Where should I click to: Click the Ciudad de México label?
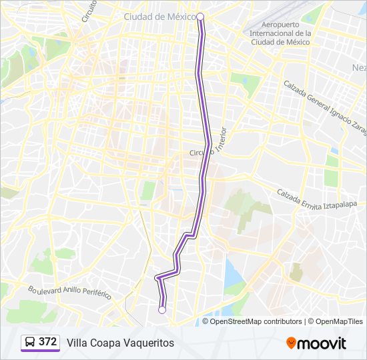point(159,17)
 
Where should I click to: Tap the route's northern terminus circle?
point(200,17)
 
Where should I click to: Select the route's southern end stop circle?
point(161,309)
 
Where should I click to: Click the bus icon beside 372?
point(30,343)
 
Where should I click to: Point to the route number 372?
point(48,342)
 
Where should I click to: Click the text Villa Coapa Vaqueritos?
point(120,343)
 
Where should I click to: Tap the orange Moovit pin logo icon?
point(291,343)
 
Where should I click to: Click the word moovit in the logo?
point(322,343)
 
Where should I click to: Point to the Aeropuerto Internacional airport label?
point(280,33)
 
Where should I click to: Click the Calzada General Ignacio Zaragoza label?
point(323,107)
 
